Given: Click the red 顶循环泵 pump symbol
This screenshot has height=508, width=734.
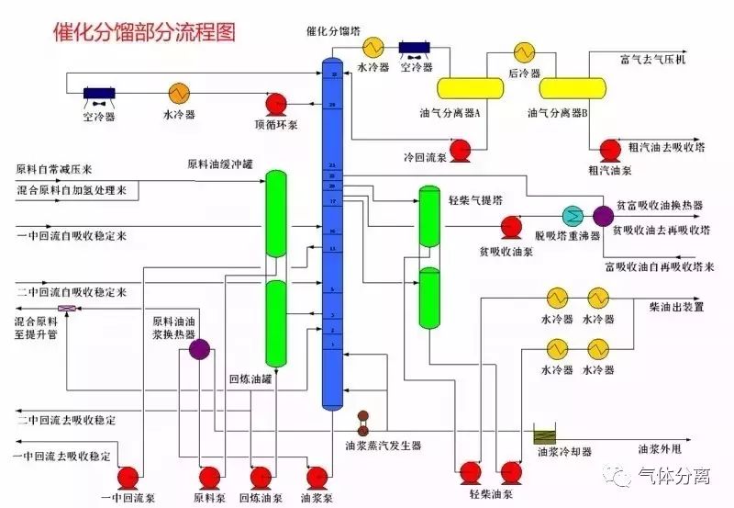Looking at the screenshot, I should [276, 102].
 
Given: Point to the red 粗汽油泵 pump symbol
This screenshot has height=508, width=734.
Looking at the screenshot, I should [609, 148].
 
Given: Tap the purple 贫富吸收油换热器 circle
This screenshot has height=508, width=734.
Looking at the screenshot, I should [603, 215].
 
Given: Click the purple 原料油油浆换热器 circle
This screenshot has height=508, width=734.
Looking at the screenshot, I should [199, 346].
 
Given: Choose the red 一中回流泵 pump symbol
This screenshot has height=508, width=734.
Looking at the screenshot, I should [128, 476].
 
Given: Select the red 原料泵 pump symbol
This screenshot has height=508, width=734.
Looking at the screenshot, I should [210, 476].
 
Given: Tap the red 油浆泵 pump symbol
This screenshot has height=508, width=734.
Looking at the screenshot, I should [317, 476].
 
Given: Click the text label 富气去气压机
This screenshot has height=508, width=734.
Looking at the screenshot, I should [652, 61].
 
